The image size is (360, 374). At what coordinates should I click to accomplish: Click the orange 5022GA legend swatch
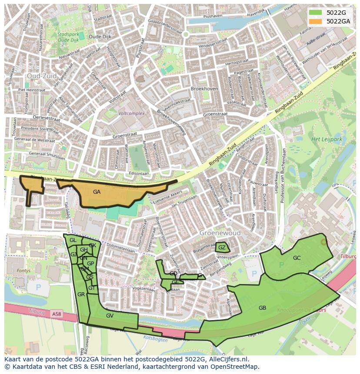click(x=316, y=21)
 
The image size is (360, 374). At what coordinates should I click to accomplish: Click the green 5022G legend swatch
click(x=316, y=13)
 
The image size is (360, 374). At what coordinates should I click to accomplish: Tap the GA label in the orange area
click(x=97, y=192)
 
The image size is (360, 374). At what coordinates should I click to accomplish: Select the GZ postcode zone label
click(x=222, y=248)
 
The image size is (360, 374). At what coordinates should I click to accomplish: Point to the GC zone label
click(x=297, y=258)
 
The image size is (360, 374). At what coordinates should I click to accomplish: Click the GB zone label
click(x=262, y=308)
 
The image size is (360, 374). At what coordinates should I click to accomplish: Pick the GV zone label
click(x=110, y=316)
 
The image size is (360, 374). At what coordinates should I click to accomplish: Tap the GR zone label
click(x=81, y=295)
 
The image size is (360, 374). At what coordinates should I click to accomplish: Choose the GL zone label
click(x=73, y=240)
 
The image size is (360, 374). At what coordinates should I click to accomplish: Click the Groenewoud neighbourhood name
click(x=220, y=233)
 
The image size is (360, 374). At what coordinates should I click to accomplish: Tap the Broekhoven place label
click(x=204, y=89)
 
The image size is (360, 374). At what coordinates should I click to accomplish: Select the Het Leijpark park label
click(x=327, y=139)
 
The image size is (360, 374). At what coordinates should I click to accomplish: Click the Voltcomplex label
click(x=131, y=113)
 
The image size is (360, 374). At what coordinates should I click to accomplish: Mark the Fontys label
click(x=23, y=270)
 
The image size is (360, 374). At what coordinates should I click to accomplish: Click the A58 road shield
click(x=57, y=314)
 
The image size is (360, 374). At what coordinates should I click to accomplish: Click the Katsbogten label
click(x=156, y=340)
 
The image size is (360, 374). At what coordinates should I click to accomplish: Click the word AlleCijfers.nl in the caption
click(x=227, y=359)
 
